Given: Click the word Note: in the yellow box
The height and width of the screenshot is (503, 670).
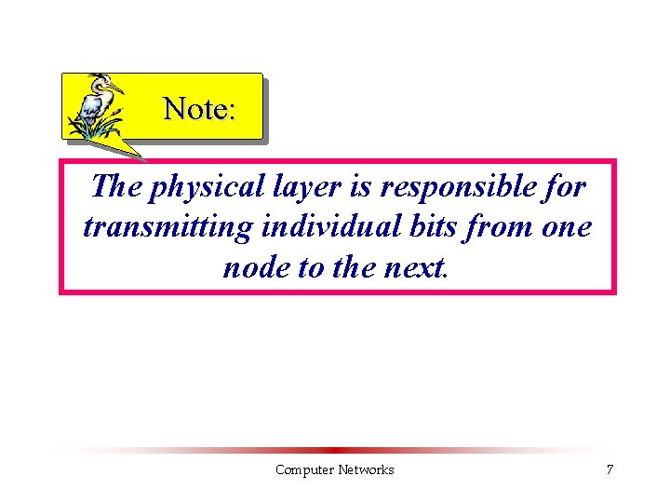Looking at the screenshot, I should point(199,109).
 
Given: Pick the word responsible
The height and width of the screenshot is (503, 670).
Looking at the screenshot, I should point(454,187).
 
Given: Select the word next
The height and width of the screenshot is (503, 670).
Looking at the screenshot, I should point(415,267).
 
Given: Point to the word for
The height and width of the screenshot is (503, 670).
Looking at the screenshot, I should point(565,187).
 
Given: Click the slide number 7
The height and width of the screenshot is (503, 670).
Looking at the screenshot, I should point(610,469).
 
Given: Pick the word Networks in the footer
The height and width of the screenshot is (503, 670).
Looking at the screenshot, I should point(366,469).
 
